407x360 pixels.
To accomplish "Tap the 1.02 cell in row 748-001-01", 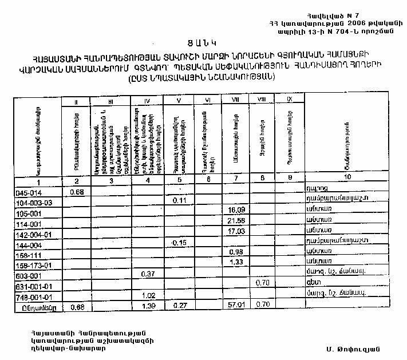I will pyautogui.click(x=148, y=296).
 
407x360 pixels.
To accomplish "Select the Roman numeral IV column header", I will pyautogui.click(x=147, y=102).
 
